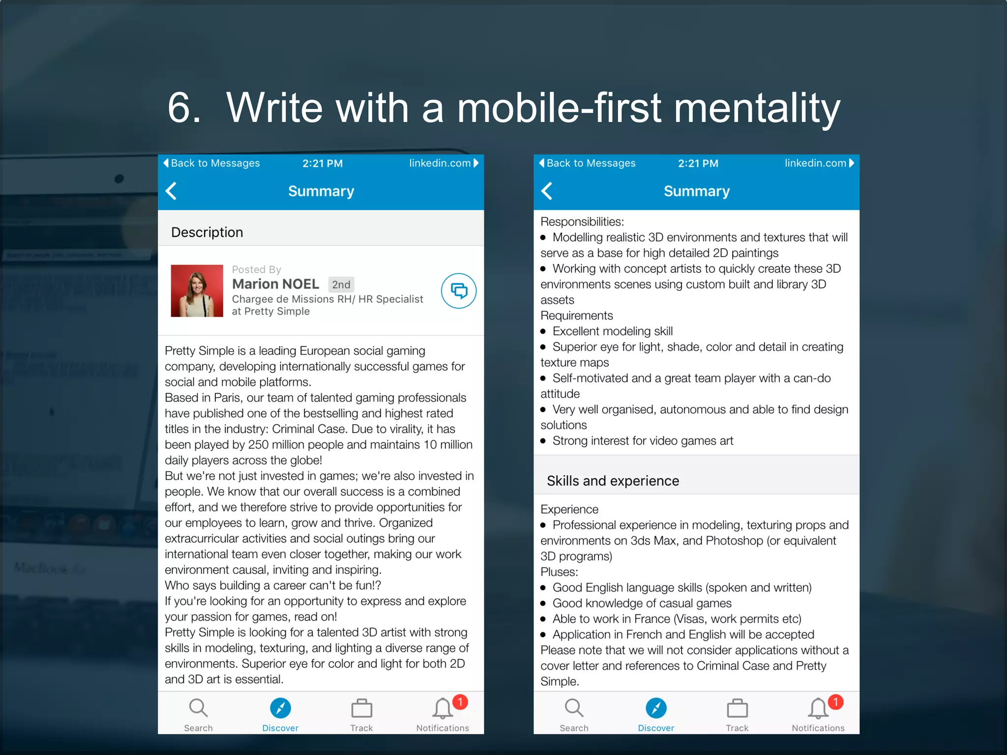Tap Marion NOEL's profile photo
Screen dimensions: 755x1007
click(x=197, y=291)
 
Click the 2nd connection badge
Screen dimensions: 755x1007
click(x=341, y=285)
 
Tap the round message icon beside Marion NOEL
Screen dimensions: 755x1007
click(x=458, y=291)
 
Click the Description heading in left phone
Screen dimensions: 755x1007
click(x=207, y=232)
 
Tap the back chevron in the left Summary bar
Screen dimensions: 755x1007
click(x=171, y=191)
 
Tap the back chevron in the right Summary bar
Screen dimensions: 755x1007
click(x=547, y=191)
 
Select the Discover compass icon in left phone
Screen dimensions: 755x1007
click(x=280, y=708)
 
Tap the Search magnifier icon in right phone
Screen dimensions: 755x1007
click(x=574, y=708)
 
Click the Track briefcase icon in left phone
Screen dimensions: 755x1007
click(x=361, y=709)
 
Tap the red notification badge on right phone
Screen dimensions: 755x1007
click(x=835, y=702)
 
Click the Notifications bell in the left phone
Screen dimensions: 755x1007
click(x=442, y=709)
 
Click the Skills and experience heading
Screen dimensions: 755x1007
click(x=613, y=481)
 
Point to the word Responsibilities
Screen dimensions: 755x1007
click(x=582, y=222)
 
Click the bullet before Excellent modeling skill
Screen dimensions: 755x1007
click(x=543, y=332)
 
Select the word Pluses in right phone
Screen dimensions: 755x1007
click(x=559, y=572)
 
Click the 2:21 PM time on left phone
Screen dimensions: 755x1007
click(x=322, y=164)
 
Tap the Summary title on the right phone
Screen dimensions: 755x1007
click(x=696, y=191)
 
